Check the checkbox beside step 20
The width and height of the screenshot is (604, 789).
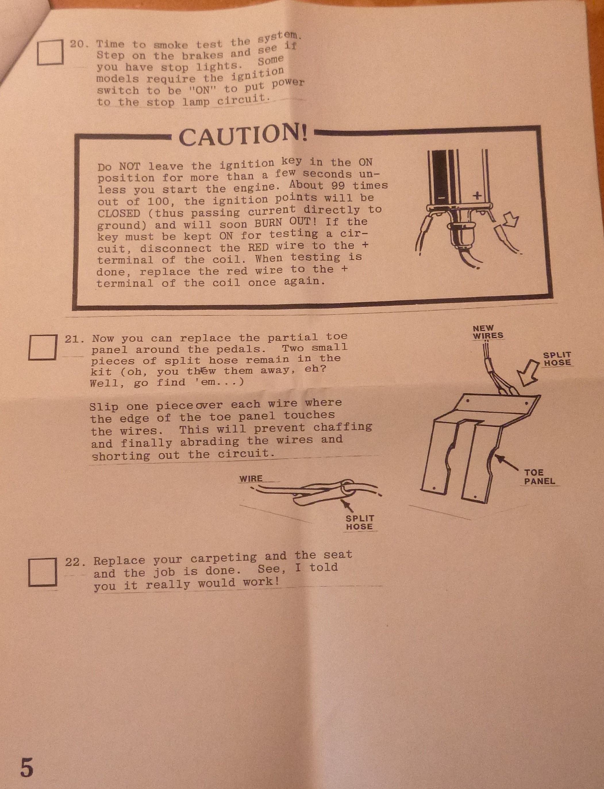[50, 52]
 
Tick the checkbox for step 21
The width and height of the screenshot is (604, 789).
[43, 347]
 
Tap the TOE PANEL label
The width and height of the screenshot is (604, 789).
[539, 477]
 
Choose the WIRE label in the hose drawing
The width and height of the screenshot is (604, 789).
[251, 479]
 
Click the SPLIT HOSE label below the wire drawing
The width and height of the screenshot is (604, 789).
[359, 522]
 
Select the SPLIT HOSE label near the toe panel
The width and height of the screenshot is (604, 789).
[557, 359]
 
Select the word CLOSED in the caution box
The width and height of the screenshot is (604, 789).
[119, 214]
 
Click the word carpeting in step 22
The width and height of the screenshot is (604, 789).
[224, 558]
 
